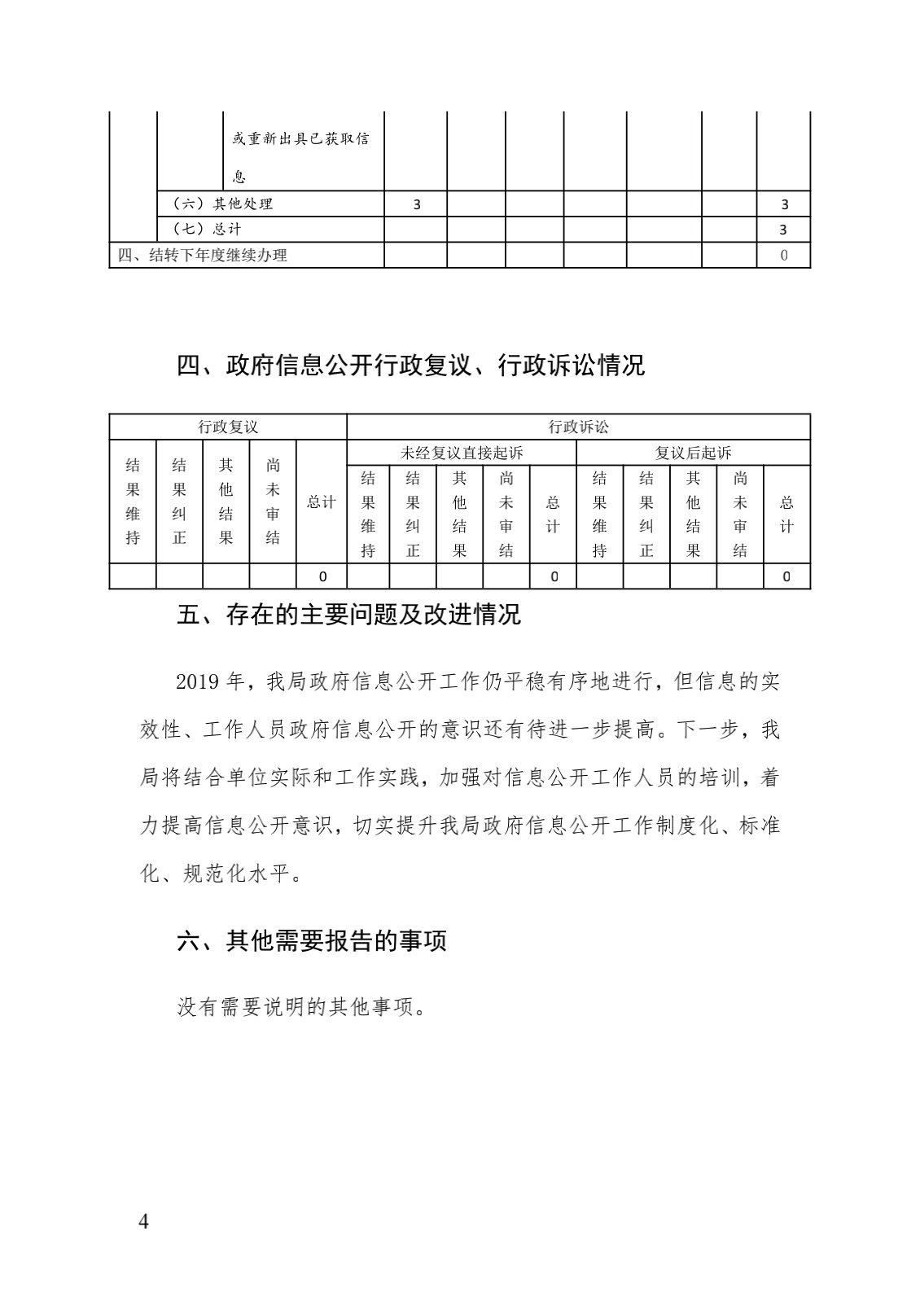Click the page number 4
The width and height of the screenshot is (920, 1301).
[x=144, y=1222]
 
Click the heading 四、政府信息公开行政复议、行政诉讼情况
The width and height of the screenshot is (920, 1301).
[x=410, y=366]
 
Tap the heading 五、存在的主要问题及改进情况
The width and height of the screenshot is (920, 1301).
[x=348, y=614]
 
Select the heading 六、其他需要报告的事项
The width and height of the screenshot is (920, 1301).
[x=312, y=941]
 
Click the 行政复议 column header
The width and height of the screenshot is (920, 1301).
[x=228, y=427]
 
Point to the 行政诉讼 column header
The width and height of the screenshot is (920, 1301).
[x=578, y=427]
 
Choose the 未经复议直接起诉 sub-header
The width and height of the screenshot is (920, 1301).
[x=462, y=453]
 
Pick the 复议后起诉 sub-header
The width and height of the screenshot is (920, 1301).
[x=693, y=453]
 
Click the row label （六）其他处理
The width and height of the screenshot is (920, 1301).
[x=222, y=204]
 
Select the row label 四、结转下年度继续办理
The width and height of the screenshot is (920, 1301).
[x=202, y=255]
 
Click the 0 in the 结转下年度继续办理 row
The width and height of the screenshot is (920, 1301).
[x=784, y=256]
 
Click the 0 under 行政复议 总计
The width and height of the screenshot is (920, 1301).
[x=322, y=576]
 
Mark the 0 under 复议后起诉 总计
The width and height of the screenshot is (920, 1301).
[x=786, y=576]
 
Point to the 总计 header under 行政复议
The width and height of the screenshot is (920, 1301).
[x=321, y=502]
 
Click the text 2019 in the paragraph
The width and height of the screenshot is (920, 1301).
[x=197, y=681]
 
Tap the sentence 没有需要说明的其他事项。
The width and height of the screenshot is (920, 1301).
[x=302, y=1007]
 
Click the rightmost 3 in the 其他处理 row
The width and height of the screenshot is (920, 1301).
[x=784, y=204]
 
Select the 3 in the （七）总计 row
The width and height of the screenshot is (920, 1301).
[x=784, y=230]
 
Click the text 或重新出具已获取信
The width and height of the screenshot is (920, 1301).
[x=300, y=138]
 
